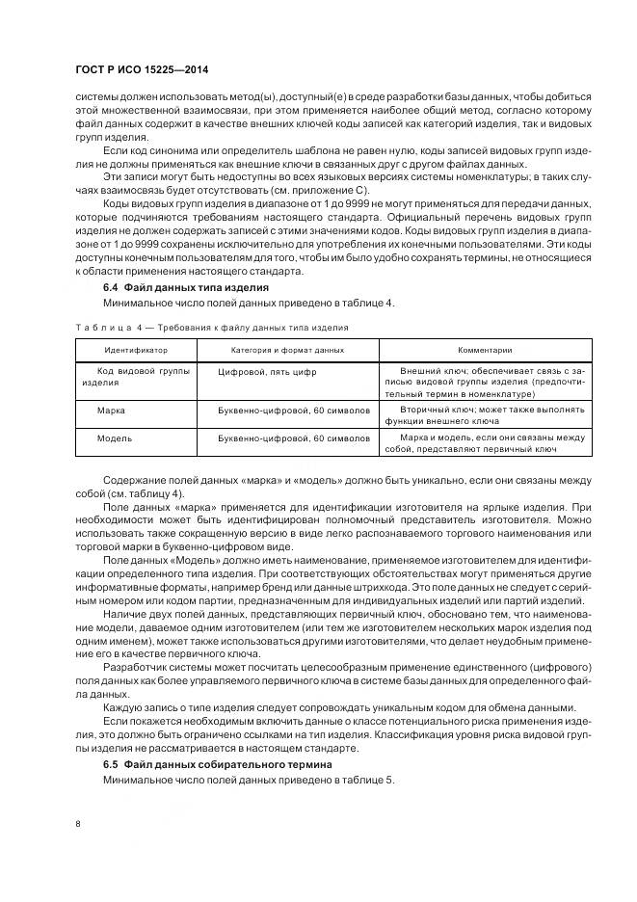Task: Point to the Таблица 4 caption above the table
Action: click(x=211, y=328)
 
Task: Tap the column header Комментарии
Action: click(x=484, y=350)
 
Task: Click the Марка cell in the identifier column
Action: click(x=111, y=410)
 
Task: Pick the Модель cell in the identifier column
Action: click(x=115, y=438)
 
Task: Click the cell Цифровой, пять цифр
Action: click(x=267, y=370)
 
